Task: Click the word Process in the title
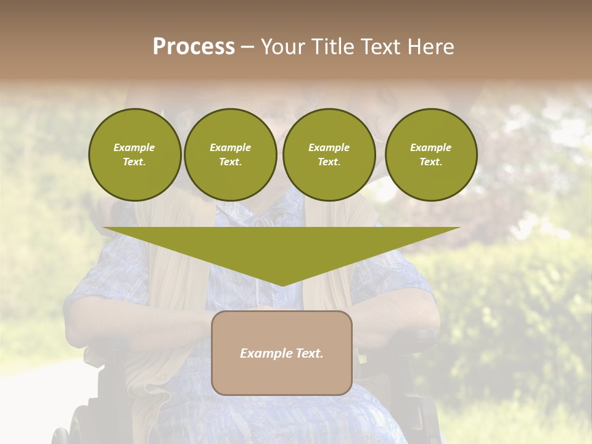pos(194,47)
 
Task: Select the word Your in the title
pos(283,47)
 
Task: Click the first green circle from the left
pos(134,155)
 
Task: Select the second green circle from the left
pos(230,155)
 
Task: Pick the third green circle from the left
pos(329,155)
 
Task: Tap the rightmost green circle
pos(431,155)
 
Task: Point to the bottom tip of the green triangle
pos(282,285)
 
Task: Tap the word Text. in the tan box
pos(310,353)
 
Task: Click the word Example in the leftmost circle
pos(134,147)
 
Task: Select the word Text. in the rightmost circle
pos(431,162)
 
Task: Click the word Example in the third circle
pos(329,147)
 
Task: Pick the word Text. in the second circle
pos(230,162)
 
